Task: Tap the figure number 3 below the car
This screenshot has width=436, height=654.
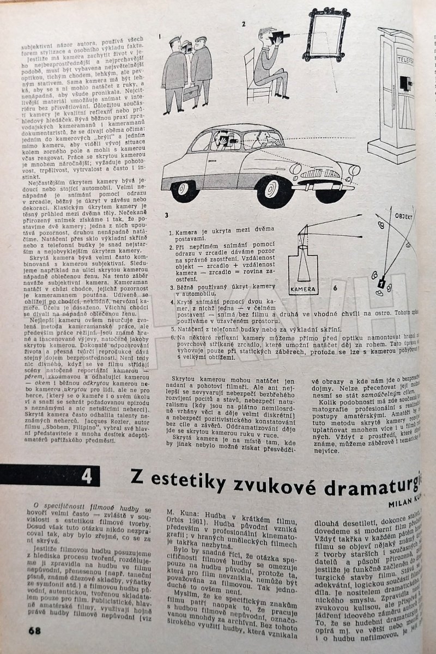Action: pos(167,215)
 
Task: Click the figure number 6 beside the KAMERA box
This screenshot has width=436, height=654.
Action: pos(335,287)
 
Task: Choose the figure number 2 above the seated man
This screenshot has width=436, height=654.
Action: pos(244,24)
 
